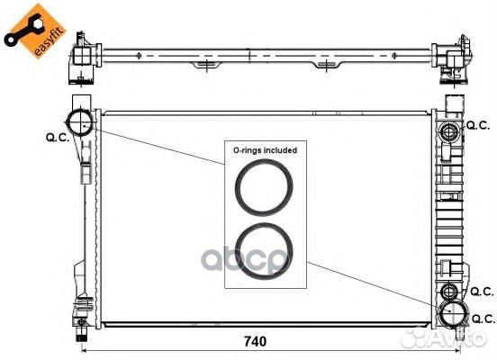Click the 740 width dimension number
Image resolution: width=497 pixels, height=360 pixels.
point(255,341)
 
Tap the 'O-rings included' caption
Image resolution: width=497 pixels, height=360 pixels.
point(265,150)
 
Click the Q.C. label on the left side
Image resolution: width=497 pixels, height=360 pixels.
point(58,138)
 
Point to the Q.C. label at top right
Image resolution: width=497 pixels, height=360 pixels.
point(478,125)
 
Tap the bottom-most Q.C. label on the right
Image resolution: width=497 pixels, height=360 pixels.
point(483,319)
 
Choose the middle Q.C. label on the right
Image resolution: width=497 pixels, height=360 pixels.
point(482,292)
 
